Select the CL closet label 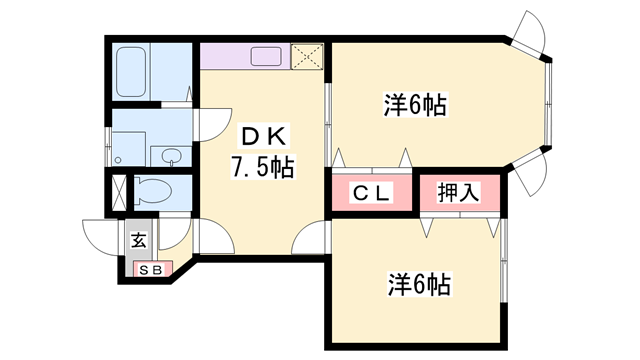[x=369, y=192]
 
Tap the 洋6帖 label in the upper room [x=414, y=103]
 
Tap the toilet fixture [x=153, y=191]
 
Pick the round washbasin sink [x=172, y=157]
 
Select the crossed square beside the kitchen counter [x=306, y=56]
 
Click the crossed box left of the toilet [x=119, y=191]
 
